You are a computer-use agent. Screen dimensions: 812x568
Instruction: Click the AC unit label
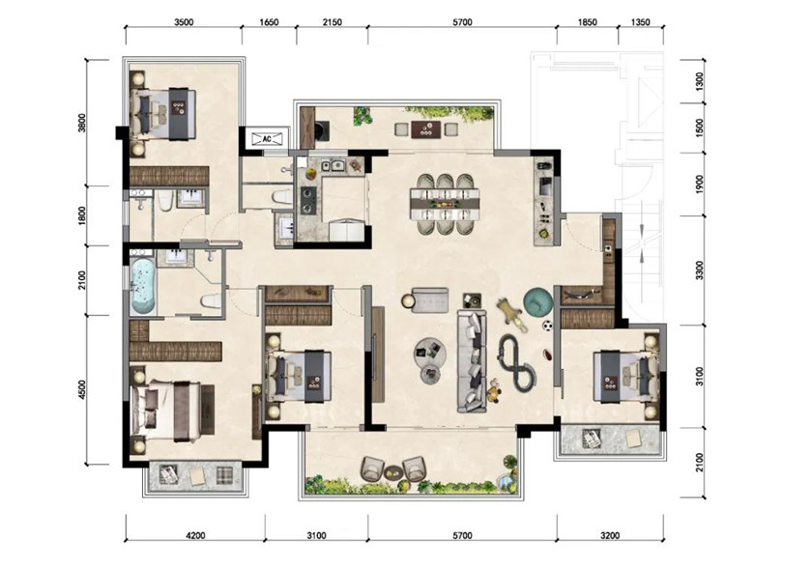point(267,139)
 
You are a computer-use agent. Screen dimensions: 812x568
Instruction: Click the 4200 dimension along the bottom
point(194,535)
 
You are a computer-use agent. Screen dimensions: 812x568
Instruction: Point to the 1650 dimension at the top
point(269,22)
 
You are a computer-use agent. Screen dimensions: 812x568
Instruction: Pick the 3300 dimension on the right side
point(700,270)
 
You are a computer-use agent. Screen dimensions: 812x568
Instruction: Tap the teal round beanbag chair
point(538,302)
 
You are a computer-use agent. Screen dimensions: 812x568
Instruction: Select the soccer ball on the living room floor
point(547,326)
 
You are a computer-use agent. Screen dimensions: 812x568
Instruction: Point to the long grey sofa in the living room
point(472,360)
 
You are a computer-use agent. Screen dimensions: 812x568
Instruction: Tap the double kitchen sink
point(333,165)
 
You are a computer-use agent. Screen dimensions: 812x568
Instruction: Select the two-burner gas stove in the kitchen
point(308,200)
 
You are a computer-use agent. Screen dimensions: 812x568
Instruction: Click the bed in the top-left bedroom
point(163,114)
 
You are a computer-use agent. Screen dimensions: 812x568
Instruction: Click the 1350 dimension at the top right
point(641,22)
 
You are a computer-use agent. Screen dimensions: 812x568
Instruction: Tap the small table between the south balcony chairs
point(392,471)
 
